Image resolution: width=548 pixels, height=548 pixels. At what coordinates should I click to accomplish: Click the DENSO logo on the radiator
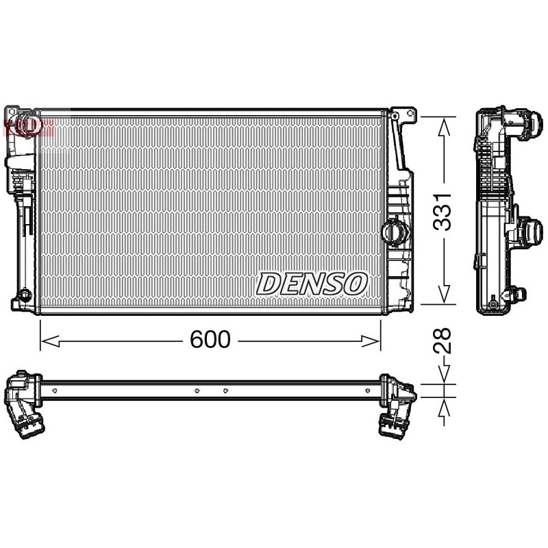tap(312, 284)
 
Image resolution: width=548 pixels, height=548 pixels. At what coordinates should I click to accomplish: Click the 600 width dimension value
tap(210, 339)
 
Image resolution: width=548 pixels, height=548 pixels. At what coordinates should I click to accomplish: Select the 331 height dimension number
tap(442, 212)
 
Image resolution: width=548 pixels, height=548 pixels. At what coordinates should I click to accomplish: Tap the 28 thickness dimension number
tap(442, 341)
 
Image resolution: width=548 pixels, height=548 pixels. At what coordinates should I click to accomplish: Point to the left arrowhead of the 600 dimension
tap(50, 341)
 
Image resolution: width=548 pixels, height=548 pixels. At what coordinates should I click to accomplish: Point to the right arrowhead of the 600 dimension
tap(371, 341)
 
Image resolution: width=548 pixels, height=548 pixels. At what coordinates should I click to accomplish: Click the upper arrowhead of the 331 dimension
tap(444, 127)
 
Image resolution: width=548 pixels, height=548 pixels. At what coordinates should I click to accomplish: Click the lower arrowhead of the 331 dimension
tap(444, 295)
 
